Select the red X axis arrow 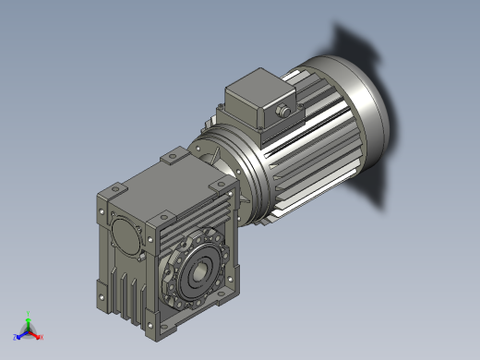pyautogui.click(x=36, y=334)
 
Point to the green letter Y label pyautogui.click(x=29, y=313)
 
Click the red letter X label pyautogui.click(x=42, y=337)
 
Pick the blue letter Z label pyautogui.click(x=15, y=337)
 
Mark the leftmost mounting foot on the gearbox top pyautogui.click(x=114, y=191)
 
